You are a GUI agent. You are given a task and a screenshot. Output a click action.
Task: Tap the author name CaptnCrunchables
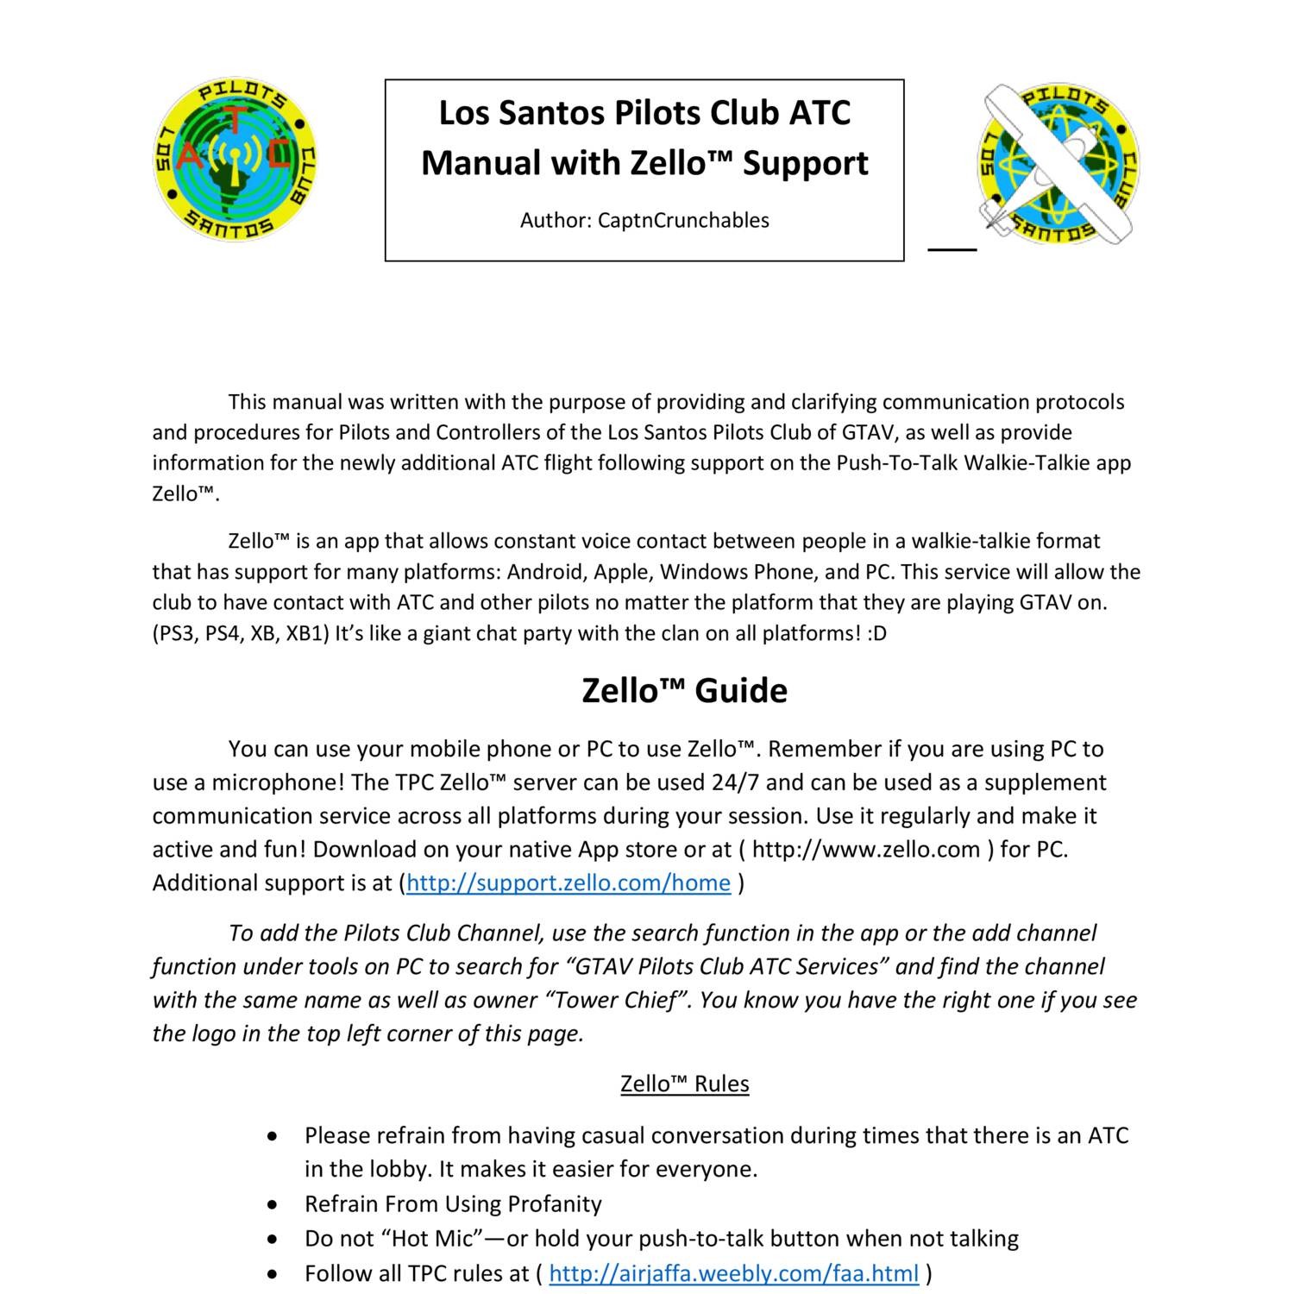[x=683, y=221]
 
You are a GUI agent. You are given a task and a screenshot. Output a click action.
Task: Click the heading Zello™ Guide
[x=684, y=691]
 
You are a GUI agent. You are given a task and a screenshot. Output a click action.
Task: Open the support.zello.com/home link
[x=568, y=883]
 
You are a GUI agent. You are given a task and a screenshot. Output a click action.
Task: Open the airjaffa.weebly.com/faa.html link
[x=733, y=1273]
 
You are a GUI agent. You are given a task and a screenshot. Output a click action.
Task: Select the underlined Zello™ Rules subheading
[x=684, y=1084]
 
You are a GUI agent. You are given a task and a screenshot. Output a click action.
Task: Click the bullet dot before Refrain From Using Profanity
[x=273, y=1204]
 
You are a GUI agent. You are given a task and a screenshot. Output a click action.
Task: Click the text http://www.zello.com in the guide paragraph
[x=865, y=849]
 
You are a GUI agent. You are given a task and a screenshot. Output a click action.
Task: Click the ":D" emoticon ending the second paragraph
[x=877, y=633]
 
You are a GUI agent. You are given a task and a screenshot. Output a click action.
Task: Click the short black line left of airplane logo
[x=952, y=249]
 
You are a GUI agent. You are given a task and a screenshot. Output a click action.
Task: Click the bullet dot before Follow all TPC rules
[x=273, y=1273]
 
